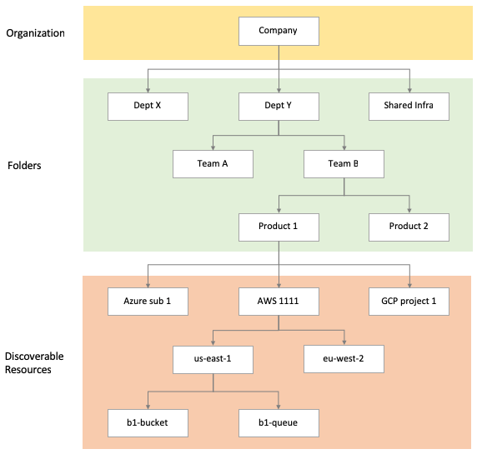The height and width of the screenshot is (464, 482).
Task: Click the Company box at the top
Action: (279, 31)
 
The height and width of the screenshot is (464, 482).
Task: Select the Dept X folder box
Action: (148, 106)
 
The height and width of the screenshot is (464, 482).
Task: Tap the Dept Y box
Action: (279, 106)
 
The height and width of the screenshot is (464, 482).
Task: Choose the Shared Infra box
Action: (409, 106)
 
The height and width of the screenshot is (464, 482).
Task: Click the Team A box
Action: (213, 163)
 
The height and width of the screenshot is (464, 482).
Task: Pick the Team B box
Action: (344, 163)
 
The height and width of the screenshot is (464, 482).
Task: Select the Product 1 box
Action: (279, 227)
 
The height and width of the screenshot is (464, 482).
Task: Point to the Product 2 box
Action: (409, 227)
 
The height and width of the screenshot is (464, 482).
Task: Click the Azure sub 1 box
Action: (148, 301)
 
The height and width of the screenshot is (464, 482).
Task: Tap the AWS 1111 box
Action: (279, 301)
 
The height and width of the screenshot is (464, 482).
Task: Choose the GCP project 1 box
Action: (409, 301)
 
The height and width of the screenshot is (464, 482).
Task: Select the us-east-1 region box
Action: (213, 359)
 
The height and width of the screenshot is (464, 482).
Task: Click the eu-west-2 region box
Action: (344, 359)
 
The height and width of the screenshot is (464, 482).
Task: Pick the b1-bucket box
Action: (148, 422)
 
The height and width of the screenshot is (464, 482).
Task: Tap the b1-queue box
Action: (279, 422)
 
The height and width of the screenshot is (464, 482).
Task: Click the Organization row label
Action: (34, 34)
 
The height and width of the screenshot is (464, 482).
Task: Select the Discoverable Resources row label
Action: (34, 362)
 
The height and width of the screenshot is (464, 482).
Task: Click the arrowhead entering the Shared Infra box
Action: (409, 89)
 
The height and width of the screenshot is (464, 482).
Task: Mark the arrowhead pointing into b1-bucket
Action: (148, 406)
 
